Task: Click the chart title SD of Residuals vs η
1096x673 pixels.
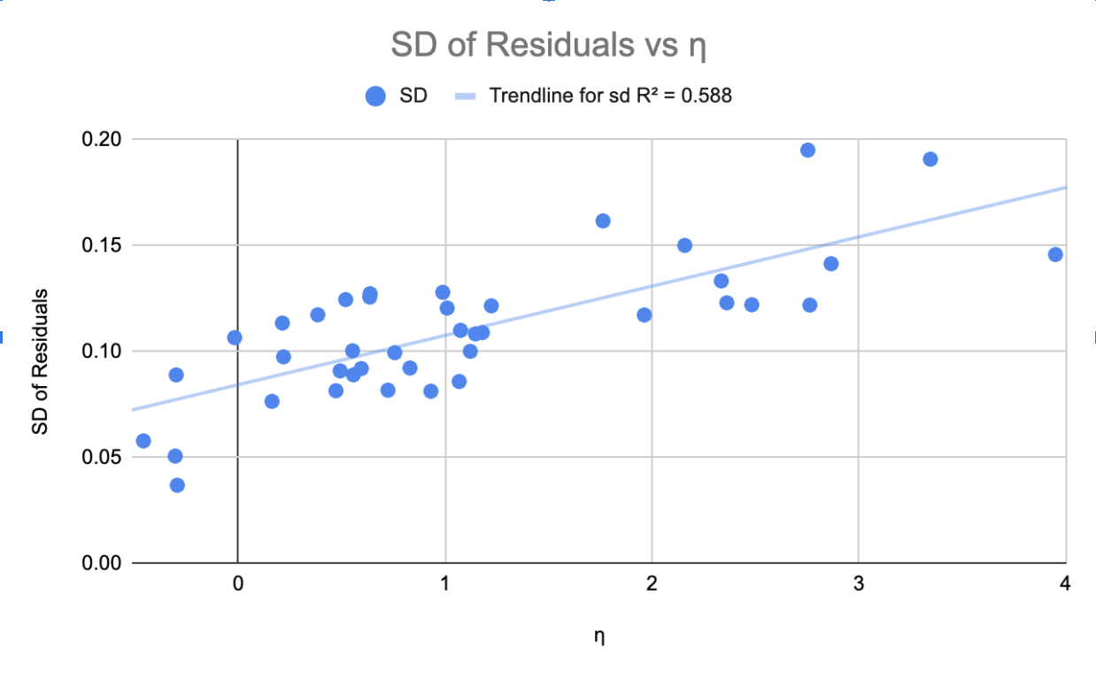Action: [548, 45]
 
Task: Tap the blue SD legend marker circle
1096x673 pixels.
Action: [375, 97]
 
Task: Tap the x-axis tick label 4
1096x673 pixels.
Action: [1065, 584]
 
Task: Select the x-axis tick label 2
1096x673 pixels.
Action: [652, 584]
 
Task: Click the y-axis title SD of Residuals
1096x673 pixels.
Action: [40, 361]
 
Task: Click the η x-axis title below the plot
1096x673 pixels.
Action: [599, 636]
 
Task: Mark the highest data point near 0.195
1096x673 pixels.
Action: [807, 150]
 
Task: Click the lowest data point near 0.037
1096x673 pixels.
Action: [177, 485]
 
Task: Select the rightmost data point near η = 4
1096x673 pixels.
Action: [1055, 254]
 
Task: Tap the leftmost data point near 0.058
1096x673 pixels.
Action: [143, 441]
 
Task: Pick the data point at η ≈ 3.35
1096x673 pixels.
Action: [930, 159]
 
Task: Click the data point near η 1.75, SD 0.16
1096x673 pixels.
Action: [603, 220]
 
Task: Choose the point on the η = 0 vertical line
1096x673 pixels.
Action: [235, 337]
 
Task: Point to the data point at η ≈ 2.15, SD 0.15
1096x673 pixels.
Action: [684, 245]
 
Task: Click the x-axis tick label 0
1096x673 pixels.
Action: [237, 584]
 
